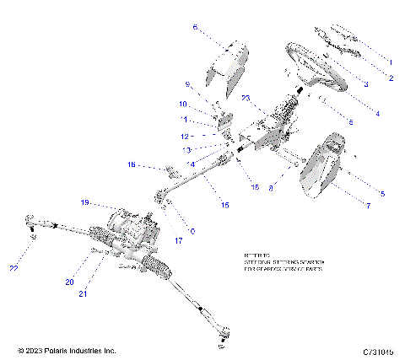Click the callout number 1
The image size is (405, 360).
[391, 62]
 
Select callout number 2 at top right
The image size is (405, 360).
[391, 78]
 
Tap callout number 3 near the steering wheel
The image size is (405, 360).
[365, 85]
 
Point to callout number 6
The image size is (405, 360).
[195, 28]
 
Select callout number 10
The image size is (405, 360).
[183, 104]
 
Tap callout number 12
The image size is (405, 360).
[184, 136]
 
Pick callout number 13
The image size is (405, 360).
[187, 149]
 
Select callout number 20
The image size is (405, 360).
[71, 282]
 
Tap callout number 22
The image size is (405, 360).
[13, 268]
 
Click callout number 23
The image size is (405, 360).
[247, 99]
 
